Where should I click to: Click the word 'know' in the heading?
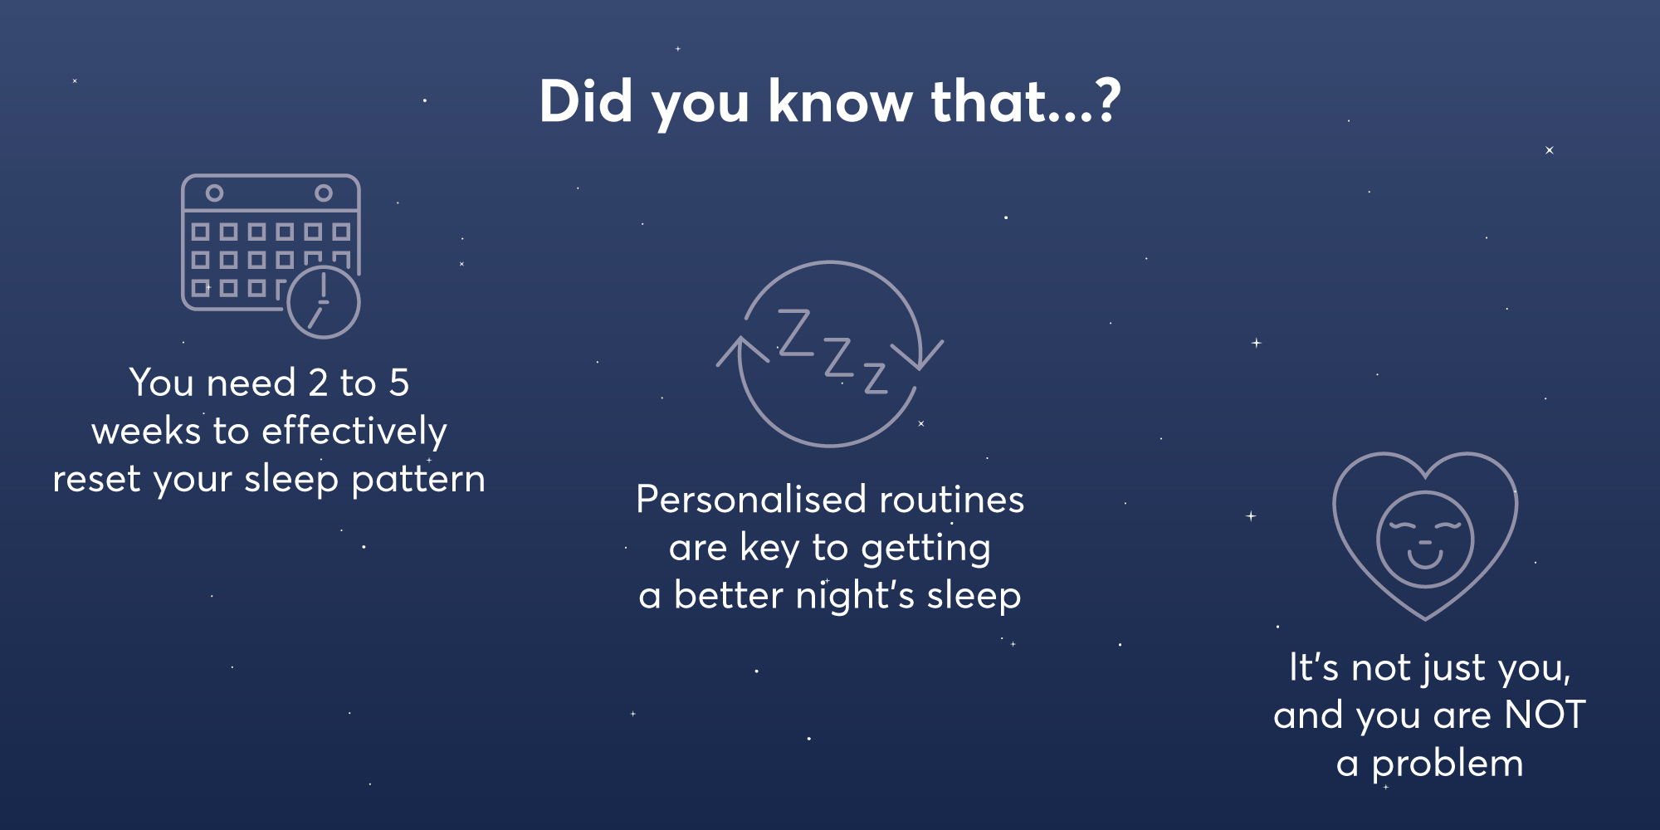(x=840, y=101)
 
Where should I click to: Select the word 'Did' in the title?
(x=586, y=101)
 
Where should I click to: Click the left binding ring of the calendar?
(x=214, y=193)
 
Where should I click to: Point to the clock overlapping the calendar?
(x=324, y=302)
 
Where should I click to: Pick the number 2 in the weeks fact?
(x=318, y=383)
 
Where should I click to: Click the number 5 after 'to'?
(x=399, y=383)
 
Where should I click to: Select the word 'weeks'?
(x=146, y=431)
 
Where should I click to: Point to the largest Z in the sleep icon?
(x=795, y=333)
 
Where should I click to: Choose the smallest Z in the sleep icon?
(x=876, y=378)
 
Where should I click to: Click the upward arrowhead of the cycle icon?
(x=742, y=352)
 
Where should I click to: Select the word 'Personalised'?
(x=751, y=500)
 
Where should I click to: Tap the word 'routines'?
(x=952, y=500)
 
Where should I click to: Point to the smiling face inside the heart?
(x=1425, y=539)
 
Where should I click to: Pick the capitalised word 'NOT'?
(x=1545, y=715)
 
